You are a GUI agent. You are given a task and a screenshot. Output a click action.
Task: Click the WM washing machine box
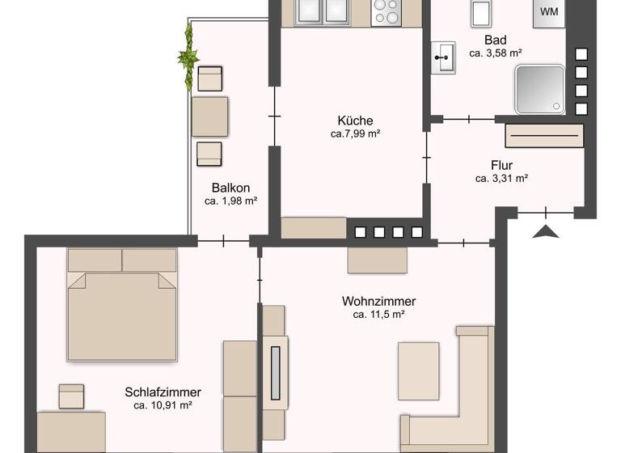click(549, 12)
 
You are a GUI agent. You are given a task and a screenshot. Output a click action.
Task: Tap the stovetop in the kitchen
click(386, 11)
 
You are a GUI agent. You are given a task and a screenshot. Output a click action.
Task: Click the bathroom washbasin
click(442, 58)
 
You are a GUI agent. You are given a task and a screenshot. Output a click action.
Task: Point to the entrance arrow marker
click(547, 232)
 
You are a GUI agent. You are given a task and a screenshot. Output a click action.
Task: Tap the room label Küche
click(356, 121)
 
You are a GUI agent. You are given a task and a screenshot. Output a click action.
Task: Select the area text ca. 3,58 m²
click(495, 53)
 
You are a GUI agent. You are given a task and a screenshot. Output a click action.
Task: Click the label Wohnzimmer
click(378, 302)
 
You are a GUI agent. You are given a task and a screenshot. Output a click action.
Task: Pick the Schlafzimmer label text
click(163, 392)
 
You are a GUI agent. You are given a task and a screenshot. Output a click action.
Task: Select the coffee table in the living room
click(418, 370)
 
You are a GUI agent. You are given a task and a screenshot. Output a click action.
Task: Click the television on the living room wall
click(275, 373)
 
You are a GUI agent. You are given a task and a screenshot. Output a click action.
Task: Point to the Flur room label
click(501, 166)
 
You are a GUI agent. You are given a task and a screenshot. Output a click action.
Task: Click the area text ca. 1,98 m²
click(230, 201)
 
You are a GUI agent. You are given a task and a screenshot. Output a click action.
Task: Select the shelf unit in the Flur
click(544, 135)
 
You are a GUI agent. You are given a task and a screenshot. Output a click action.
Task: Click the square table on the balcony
click(209, 116)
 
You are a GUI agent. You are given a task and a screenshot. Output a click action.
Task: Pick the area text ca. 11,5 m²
click(378, 315)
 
